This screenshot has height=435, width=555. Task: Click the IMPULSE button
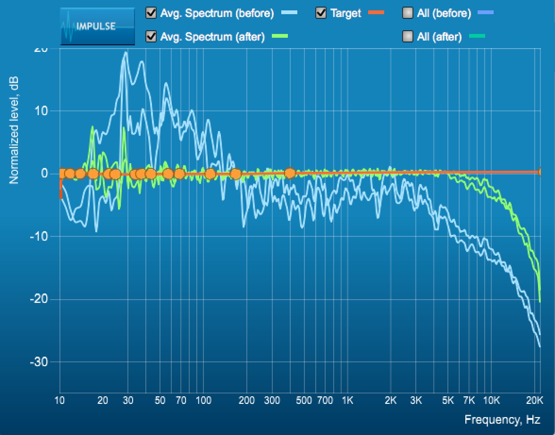point(97,26)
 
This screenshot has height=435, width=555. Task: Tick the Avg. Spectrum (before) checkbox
point(151,13)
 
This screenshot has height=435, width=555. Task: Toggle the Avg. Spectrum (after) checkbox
point(151,36)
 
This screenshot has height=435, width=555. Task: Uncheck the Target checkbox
point(321,13)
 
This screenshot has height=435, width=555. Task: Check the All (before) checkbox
point(408,13)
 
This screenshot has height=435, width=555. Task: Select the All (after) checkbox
point(408,36)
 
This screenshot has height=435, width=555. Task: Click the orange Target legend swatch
point(375,13)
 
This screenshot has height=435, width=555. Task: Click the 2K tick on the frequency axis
point(390,401)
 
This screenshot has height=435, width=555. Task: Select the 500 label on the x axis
point(304,401)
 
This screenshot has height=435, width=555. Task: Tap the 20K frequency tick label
point(534,401)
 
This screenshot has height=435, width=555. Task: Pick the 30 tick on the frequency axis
point(128,401)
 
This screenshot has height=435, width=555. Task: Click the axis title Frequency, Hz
point(502,419)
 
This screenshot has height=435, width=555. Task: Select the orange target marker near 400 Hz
point(290,173)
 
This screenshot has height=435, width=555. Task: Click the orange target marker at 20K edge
point(541,172)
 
